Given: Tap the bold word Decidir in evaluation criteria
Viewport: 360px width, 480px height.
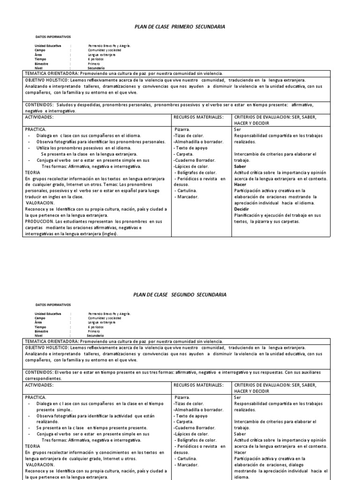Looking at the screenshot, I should (241, 209).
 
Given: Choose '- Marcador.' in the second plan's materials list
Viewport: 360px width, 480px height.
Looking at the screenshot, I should (187, 465).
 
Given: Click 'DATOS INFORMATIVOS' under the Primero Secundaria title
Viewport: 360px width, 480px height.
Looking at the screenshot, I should (53, 36).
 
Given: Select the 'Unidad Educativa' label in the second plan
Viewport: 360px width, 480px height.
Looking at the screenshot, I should (48, 313).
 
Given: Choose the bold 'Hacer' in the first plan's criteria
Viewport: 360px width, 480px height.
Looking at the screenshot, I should (240, 185).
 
